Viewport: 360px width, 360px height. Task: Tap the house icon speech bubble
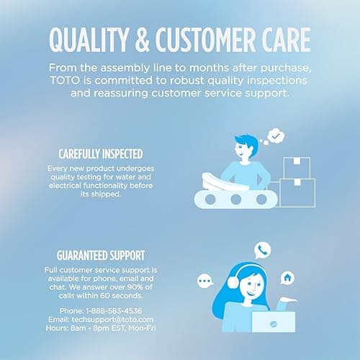tap(287, 276)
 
